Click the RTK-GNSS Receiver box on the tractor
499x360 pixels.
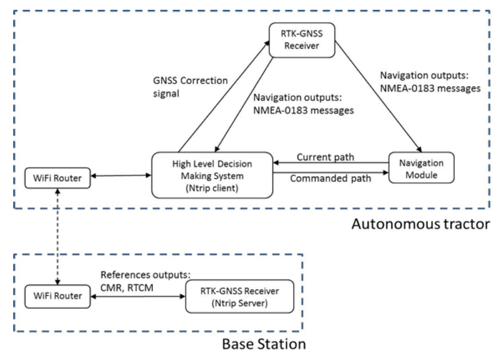[302, 40]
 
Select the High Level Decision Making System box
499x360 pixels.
[212, 175]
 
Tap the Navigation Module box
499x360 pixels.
[422, 168]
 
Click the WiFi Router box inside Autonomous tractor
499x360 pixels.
[58, 178]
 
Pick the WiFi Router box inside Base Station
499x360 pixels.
[58, 296]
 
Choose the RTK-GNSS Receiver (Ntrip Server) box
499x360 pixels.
[240, 296]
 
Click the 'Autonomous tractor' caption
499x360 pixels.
[421, 224]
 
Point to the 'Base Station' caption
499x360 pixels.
[264, 344]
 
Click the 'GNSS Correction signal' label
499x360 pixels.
[191, 87]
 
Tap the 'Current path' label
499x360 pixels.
[325, 157]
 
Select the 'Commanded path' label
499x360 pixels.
[331, 178]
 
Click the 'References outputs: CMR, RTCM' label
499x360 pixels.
[145, 281]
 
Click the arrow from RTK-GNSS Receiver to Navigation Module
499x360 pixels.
[378, 96]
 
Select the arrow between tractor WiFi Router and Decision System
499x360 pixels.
[121, 175]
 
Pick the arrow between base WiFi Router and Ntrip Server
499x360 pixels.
[138, 296]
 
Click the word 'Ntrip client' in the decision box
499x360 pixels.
[212, 188]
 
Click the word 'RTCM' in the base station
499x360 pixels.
[140, 288]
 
